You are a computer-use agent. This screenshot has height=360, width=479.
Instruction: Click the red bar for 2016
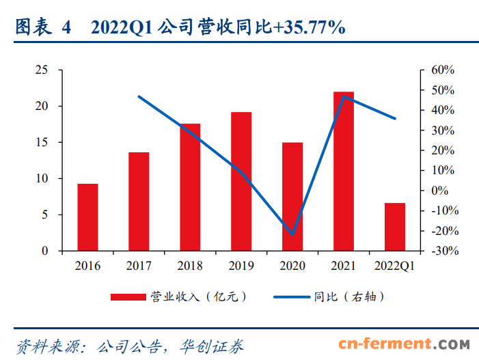click(x=87, y=217)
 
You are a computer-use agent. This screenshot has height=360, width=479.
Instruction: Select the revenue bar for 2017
click(x=139, y=202)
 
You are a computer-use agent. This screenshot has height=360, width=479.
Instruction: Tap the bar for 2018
click(x=190, y=187)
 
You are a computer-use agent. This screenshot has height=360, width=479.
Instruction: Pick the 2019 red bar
click(x=241, y=182)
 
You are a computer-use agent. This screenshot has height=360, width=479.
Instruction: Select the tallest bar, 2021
click(x=344, y=171)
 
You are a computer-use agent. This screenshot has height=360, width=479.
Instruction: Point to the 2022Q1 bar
click(x=395, y=227)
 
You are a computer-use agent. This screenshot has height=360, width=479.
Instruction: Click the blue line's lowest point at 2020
click(x=292, y=234)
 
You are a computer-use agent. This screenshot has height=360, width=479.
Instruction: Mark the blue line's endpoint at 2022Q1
click(x=395, y=119)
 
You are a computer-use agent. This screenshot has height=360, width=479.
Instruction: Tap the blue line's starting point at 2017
click(x=139, y=96)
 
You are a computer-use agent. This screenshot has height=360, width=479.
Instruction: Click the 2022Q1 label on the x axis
click(x=395, y=266)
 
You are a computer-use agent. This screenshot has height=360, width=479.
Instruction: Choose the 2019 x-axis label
click(x=241, y=266)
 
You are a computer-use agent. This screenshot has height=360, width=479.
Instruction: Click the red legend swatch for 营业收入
click(x=129, y=296)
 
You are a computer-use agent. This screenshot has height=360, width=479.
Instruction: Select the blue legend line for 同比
click(x=291, y=296)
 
